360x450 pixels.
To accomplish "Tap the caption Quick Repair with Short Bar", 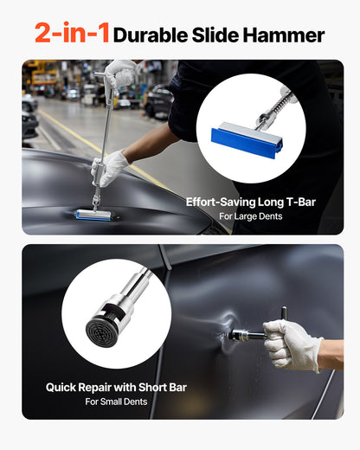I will tap(116, 387).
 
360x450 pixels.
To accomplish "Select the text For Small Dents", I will tap(116, 402).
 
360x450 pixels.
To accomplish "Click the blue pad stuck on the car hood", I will tap(93, 214).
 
